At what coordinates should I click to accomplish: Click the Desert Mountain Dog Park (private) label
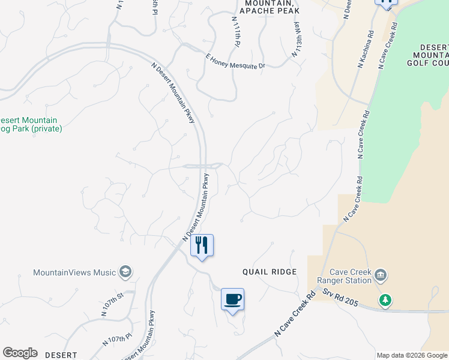(x=31, y=124)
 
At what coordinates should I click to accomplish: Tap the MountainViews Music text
(x=74, y=272)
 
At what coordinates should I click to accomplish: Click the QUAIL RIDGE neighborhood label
(x=270, y=272)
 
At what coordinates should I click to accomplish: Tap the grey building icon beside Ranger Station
(x=381, y=276)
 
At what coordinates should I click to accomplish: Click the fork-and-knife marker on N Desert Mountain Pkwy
(x=202, y=245)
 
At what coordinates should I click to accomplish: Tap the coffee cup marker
(x=232, y=298)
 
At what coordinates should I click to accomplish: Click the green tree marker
(x=385, y=299)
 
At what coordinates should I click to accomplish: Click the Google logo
(x=20, y=353)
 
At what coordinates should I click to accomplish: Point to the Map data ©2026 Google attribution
(x=412, y=355)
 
